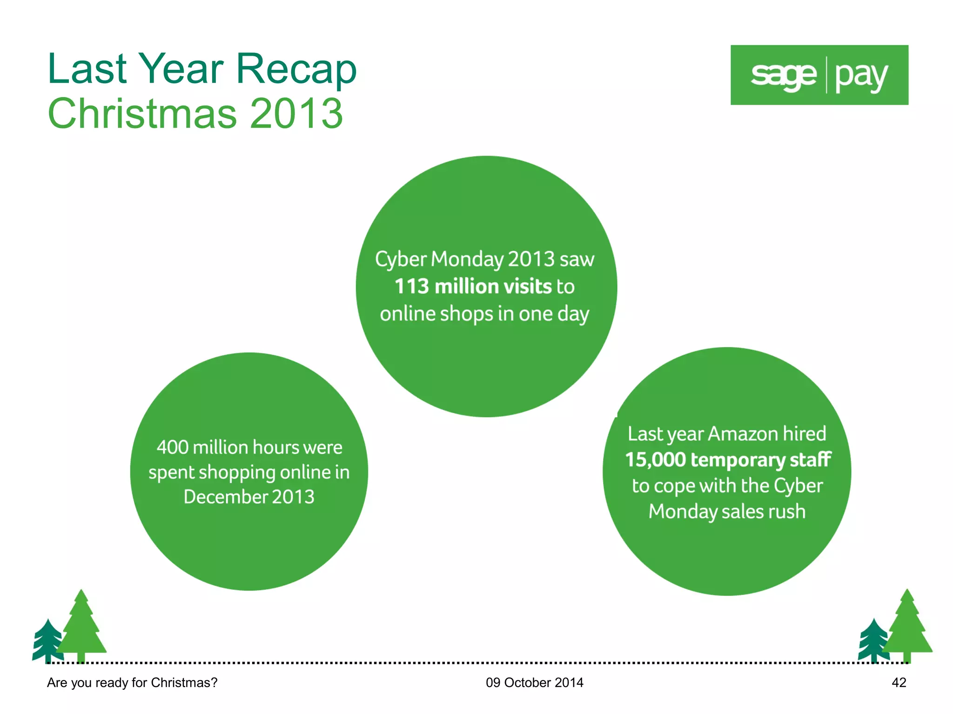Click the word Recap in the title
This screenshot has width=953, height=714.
click(296, 69)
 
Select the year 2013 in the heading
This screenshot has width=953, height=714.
click(296, 113)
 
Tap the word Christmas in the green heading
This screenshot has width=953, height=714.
click(142, 113)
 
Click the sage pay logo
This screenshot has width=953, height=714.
click(819, 75)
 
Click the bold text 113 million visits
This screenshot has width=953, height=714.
click(473, 286)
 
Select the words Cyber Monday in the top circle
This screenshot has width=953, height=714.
click(439, 259)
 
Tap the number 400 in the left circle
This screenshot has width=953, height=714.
click(172, 447)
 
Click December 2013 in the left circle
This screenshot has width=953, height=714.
click(249, 497)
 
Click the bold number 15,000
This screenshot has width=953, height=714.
click(655, 460)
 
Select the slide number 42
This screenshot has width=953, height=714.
click(899, 682)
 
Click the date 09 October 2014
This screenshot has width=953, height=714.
click(534, 682)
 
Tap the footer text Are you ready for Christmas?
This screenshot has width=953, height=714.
click(132, 682)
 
